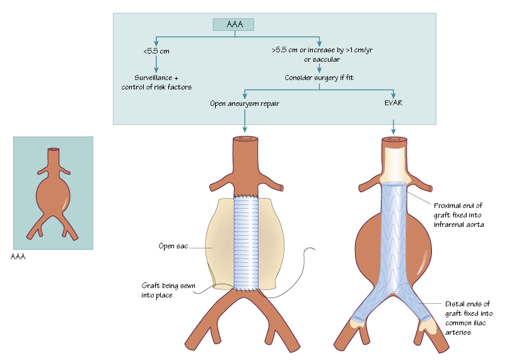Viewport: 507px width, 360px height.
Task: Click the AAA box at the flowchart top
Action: (233, 25)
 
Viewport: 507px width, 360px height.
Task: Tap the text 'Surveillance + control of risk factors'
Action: (156, 82)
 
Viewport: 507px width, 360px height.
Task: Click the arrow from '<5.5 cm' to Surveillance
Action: (156, 64)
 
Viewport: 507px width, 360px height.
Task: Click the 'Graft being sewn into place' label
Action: (168, 290)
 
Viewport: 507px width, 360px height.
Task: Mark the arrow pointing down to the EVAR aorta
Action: (393, 126)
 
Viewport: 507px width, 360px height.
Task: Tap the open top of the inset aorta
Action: (53, 150)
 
